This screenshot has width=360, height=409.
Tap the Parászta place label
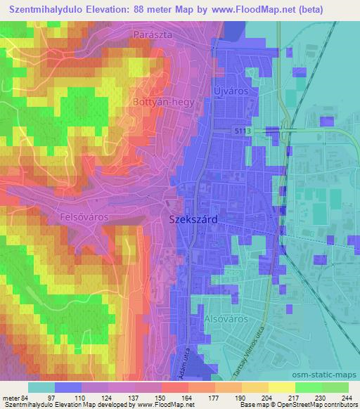click(x=153, y=34)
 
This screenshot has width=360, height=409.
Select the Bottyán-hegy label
click(x=159, y=102)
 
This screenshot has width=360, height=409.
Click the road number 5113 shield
click(x=242, y=131)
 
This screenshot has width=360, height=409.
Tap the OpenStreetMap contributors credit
click(x=316, y=405)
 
